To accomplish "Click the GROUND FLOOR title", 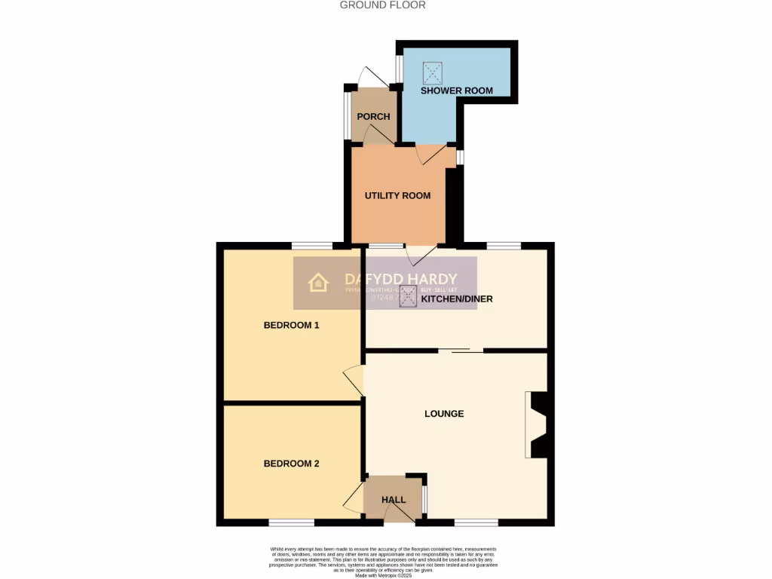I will pyautogui.click(x=382, y=5).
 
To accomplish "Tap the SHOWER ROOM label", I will pyautogui.click(x=457, y=90).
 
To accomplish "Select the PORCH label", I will pyautogui.click(x=373, y=117).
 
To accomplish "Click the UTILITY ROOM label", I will pyautogui.click(x=397, y=196).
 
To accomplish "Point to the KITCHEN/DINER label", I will pyautogui.click(x=456, y=299).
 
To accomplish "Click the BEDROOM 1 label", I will pyautogui.click(x=292, y=326).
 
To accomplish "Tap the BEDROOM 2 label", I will pyautogui.click(x=291, y=464).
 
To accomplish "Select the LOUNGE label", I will pyautogui.click(x=444, y=414).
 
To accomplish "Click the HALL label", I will pyautogui.click(x=394, y=500).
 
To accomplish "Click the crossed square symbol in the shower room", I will pyautogui.click(x=433, y=72).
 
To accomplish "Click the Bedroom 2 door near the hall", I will pyautogui.click(x=353, y=498).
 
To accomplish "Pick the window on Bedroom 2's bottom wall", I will pyautogui.click(x=292, y=522).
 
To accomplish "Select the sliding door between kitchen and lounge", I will pyautogui.click(x=461, y=350).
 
